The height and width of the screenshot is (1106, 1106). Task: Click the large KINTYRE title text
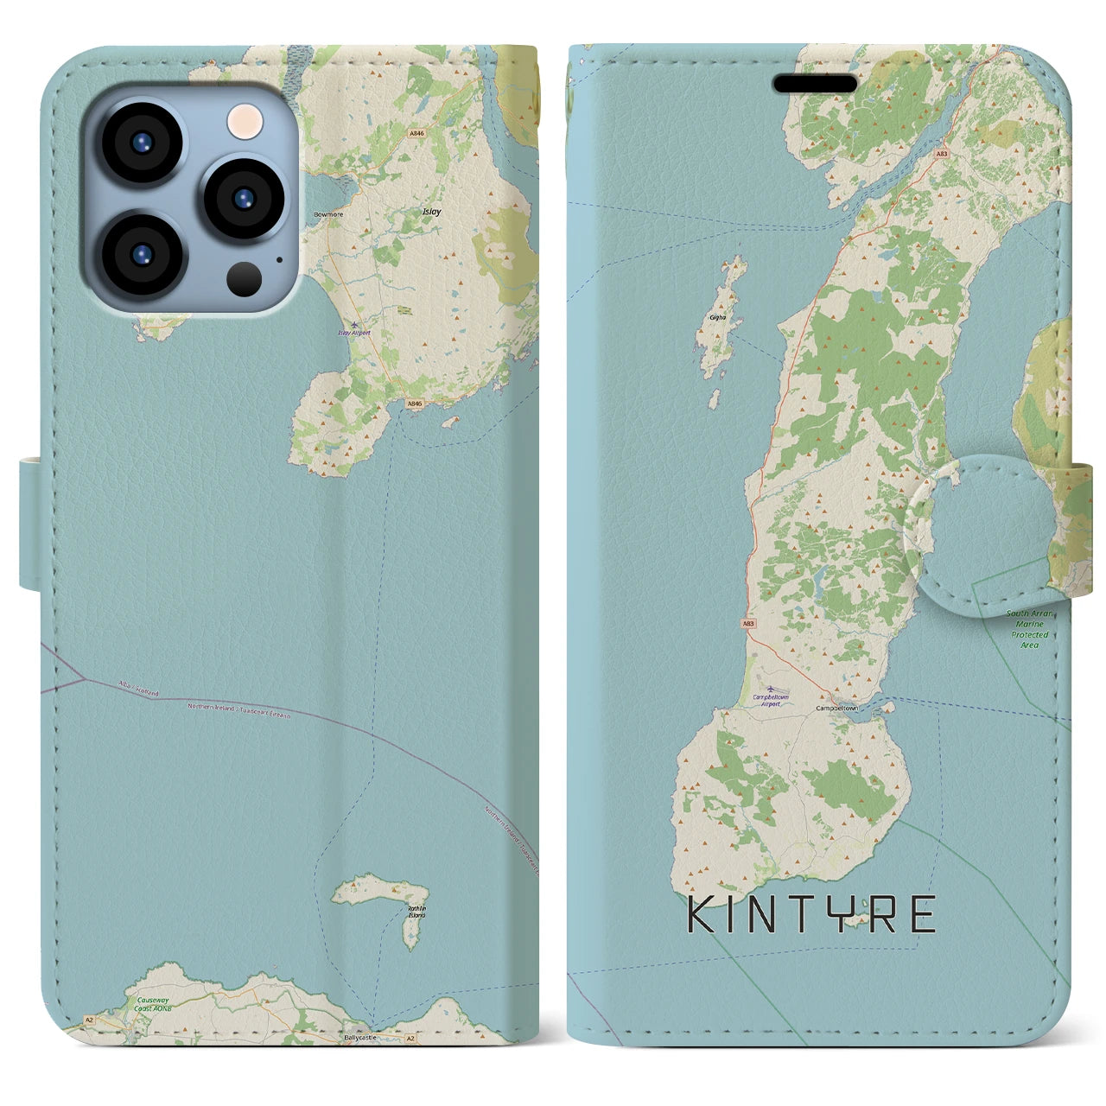pos(811,916)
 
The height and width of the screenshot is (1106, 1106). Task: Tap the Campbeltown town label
pos(837,709)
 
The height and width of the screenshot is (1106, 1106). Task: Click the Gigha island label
pos(717,318)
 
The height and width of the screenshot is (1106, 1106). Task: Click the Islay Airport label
pos(353,333)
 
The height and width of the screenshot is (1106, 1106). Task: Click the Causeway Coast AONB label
pos(152,1004)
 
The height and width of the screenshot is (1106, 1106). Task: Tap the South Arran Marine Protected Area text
pos(1029,629)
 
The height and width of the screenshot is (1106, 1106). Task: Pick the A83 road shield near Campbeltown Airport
pos(747,623)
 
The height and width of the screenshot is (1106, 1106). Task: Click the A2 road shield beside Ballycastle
pos(411,1037)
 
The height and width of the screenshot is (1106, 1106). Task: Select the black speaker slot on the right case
pos(815,84)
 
